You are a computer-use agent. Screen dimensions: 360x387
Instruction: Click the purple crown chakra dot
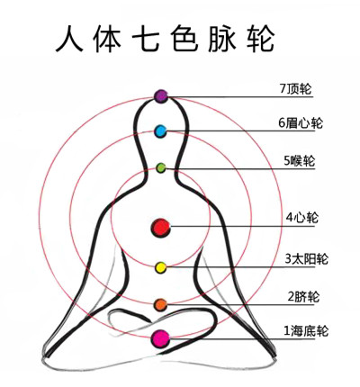[161, 96]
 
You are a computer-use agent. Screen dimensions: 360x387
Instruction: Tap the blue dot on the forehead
[160, 131]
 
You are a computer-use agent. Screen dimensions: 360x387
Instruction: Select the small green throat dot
[161, 167]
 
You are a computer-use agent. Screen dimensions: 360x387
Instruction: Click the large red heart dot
[160, 228]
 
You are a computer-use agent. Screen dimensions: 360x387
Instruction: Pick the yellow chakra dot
[160, 267]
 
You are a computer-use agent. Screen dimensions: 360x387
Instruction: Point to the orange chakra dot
[160, 305]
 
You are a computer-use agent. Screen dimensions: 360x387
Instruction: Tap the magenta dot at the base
[160, 338]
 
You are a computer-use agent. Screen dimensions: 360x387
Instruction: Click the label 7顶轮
[296, 89]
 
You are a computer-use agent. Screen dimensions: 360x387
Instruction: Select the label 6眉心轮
[301, 123]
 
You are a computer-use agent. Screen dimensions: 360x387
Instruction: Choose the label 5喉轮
[300, 161]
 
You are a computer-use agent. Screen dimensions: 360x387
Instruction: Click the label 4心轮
[301, 217]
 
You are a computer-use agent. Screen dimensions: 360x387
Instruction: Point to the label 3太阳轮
[306, 258]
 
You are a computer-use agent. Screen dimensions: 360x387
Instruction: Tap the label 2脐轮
[303, 297]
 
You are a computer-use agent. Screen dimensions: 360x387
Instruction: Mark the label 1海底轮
[306, 330]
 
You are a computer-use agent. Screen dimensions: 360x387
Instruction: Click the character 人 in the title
[69, 39]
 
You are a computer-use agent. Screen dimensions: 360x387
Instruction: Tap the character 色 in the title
[184, 39]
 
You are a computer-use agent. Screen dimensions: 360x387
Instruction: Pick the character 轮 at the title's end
[260, 39]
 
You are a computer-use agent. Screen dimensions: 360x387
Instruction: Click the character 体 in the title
[107, 39]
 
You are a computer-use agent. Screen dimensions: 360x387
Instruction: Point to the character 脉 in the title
[222, 39]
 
